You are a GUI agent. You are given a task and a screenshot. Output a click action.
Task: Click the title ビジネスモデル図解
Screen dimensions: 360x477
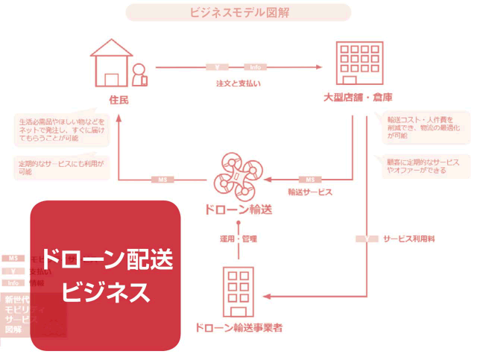point(238,13)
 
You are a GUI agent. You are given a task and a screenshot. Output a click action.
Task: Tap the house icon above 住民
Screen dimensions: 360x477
point(113,63)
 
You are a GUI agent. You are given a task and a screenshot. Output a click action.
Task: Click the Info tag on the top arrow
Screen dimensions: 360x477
point(256,66)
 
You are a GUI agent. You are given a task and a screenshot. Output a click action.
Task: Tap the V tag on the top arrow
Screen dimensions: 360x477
point(216,66)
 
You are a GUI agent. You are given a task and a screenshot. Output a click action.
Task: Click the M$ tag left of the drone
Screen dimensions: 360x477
point(162,180)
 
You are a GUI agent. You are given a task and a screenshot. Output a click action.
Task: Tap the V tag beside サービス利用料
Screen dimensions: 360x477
point(365,239)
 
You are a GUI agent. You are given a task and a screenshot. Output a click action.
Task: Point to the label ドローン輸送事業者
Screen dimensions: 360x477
point(238,327)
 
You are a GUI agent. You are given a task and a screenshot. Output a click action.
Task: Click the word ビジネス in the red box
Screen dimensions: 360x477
point(105,291)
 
